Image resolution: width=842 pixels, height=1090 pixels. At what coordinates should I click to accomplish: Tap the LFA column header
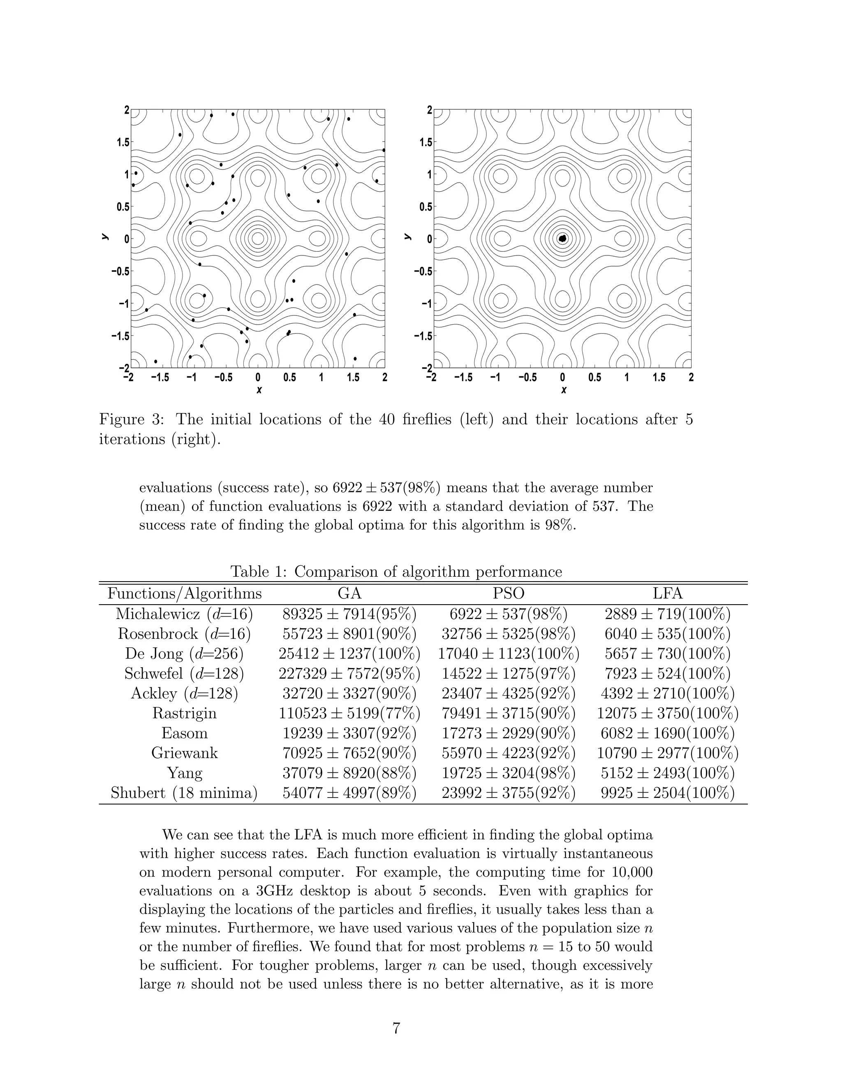click(x=667, y=594)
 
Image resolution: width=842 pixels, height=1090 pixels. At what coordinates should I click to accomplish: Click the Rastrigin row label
click(x=185, y=713)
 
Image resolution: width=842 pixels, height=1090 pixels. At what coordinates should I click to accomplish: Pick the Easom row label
click(x=185, y=733)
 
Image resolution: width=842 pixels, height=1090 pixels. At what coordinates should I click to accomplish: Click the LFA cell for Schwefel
click(x=667, y=674)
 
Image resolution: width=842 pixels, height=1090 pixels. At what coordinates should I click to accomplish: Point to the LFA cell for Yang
click(x=667, y=773)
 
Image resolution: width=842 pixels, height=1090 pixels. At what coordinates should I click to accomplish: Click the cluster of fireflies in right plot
click(x=563, y=239)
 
